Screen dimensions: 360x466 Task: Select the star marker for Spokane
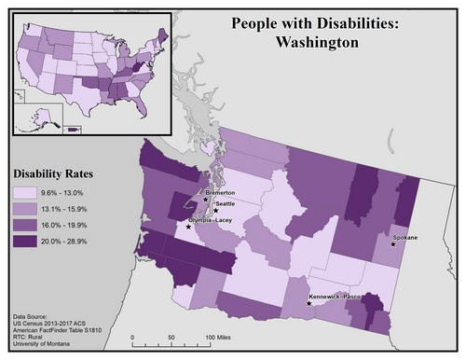[393, 246]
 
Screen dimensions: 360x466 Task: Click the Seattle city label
[226, 202]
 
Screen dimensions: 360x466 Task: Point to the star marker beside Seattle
[215, 210]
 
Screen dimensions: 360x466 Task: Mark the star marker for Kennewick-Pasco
[309, 302]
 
